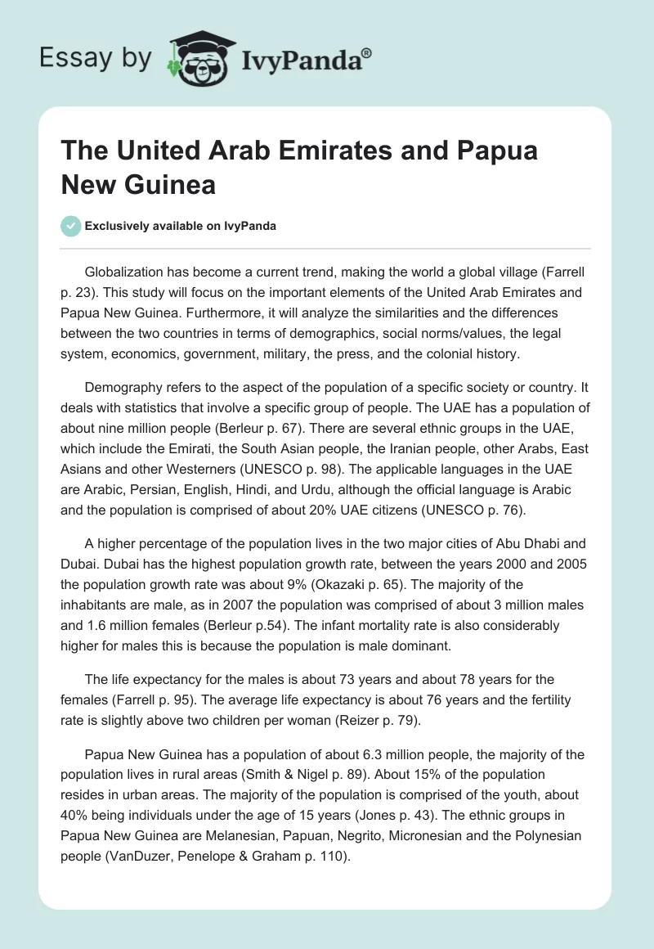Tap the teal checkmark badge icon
(x=71, y=227)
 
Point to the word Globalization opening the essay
(x=124, y=271)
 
